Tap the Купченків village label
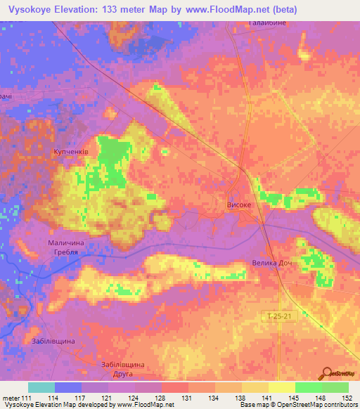tap(71, 151)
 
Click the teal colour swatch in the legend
tap(41, 387)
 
